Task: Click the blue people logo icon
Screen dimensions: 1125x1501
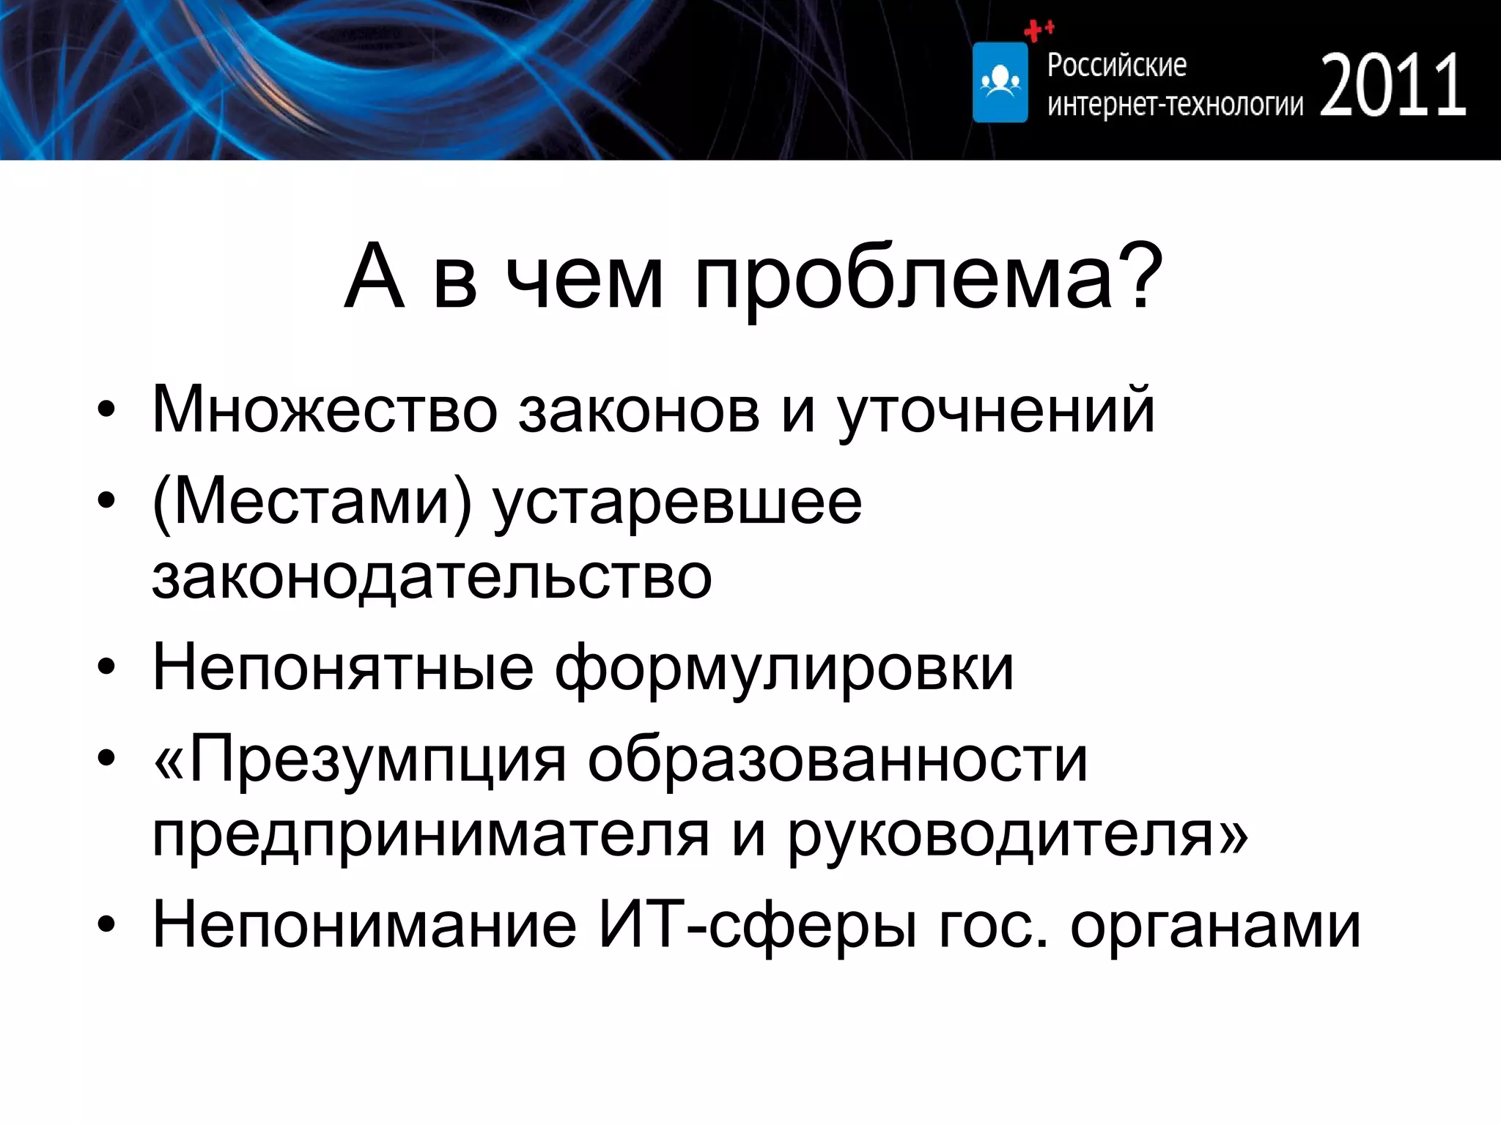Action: click(1000, 82)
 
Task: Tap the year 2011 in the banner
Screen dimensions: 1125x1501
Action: click(1393, 86)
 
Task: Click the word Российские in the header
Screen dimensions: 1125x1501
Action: click(1116, 65)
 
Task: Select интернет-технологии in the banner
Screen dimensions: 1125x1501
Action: click(1175, 105)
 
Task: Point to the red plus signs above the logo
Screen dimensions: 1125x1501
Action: click(1039, 31)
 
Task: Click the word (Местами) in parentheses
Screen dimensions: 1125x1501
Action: click(311, 503)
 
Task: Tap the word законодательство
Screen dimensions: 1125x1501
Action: click(432, 578)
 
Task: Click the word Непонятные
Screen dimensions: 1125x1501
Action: click(342, 668)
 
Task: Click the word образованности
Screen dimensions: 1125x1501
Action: click(837, 760)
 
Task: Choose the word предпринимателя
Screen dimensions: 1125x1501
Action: click(431, 836)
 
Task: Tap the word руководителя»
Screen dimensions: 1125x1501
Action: click(1018, 836)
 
